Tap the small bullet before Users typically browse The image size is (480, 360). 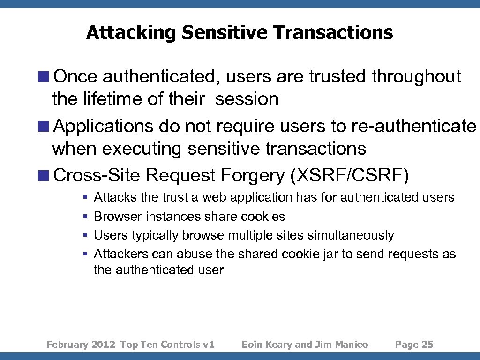[x=85, y=235]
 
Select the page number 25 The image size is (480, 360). [x=427, y=345]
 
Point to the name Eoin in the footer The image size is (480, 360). [x=252, y=345]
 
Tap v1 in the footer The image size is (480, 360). [x=209, y=345]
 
